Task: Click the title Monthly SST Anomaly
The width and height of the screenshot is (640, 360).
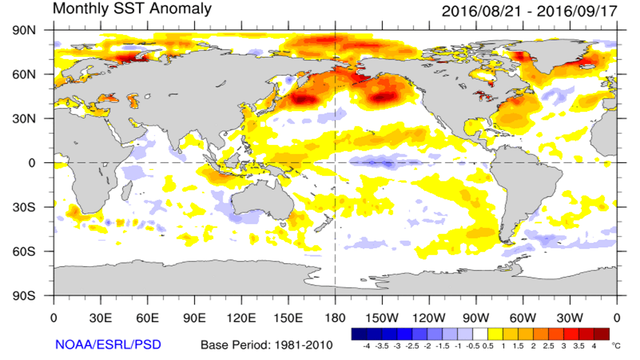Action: [132, 9]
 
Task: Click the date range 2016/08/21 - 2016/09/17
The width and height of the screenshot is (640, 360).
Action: [529, 11]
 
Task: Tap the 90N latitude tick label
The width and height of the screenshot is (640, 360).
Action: [24, 30]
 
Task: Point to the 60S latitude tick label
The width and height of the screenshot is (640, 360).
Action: [24, 252]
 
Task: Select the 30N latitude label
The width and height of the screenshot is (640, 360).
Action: [24, 119]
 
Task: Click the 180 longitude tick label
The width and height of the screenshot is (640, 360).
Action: [335, 318]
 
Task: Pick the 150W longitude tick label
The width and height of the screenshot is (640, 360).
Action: [382, 318]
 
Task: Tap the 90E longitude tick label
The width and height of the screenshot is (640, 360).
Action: [194, 318]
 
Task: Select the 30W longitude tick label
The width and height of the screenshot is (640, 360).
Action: [570, 318]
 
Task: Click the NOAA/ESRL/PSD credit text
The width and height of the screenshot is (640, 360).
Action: [108, 345]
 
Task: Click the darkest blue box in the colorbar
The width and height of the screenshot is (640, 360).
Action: [359, 334]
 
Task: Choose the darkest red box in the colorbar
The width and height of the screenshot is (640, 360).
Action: [602, 334]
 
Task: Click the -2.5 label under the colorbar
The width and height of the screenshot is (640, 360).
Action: [412, 346]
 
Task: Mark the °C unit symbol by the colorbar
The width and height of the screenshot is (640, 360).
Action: [616, 346]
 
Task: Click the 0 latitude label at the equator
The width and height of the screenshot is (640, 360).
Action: [32, 163]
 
